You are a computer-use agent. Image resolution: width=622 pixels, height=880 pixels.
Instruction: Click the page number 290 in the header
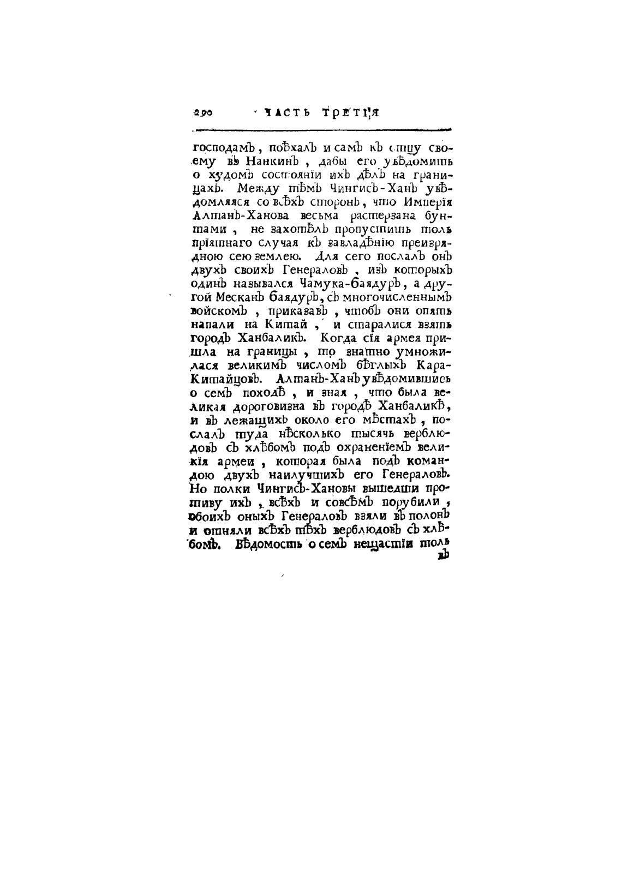[x=202, y=113]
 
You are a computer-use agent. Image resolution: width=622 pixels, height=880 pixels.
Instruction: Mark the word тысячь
[x=369, y=434]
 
